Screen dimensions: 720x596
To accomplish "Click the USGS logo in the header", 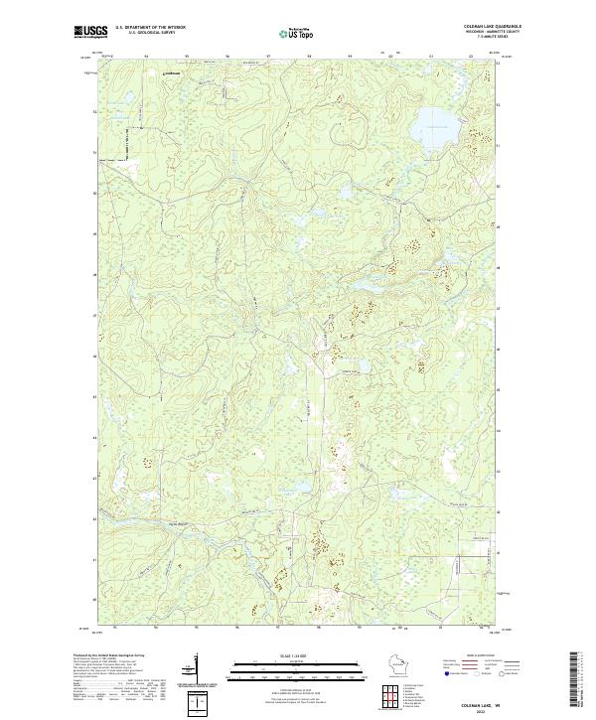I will pyautogui.click(x=90, y=32).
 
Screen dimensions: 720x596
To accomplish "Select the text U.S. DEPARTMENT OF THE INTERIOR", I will pyautogui.click(x=150, y=27).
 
